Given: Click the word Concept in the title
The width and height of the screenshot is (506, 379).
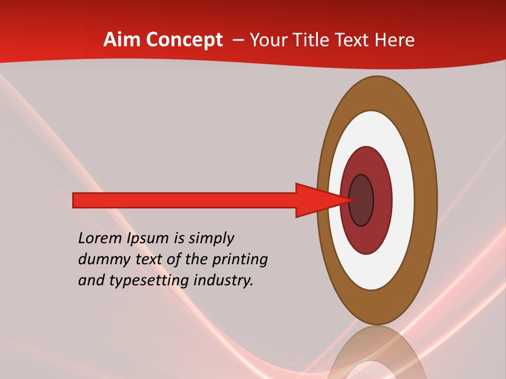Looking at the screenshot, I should [184, 40].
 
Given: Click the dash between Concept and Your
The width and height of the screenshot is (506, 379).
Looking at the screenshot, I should [238, 40].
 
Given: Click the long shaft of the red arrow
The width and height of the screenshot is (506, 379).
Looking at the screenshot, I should [184, 200].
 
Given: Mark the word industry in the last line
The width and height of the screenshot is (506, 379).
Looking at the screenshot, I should [223, 281].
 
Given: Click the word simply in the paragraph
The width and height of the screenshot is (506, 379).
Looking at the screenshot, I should [211, 239].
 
